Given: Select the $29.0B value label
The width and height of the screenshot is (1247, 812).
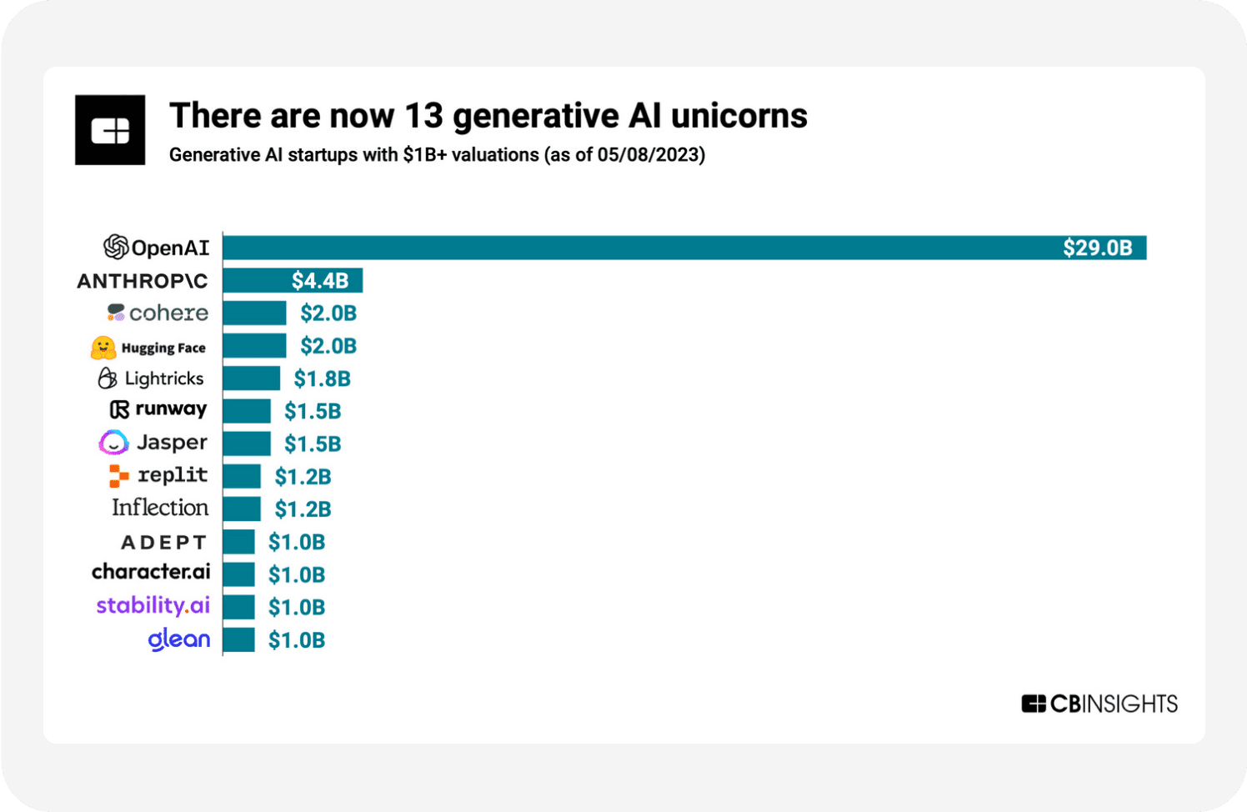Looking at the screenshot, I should pos(1097,248).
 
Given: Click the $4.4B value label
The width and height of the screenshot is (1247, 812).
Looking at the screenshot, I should pos(320,281).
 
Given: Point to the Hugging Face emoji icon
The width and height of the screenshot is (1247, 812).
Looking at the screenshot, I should pos(103,348).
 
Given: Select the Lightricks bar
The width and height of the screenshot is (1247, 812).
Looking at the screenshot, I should pos(251,378).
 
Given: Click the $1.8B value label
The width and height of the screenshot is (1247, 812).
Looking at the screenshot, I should pos(322,378).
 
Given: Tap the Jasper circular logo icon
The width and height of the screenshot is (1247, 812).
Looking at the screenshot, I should pos(113,443).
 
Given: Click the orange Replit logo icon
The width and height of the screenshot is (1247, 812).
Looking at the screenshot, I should pos(119,476).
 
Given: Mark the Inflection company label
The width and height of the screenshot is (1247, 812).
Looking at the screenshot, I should pos(160,508).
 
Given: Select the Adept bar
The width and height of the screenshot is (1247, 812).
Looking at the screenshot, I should pos(238,542).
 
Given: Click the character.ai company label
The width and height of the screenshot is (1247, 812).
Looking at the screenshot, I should pos(151,572).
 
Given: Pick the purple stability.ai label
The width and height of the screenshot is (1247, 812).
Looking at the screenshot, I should pos(153,605).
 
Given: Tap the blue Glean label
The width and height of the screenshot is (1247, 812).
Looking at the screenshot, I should pos(179,639).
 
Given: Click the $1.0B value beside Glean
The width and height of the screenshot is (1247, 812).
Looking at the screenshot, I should pos(296,640).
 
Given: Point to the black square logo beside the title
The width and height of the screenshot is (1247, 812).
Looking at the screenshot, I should pos(110,130).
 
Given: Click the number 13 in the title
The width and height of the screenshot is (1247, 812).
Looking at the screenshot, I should pos(423,116).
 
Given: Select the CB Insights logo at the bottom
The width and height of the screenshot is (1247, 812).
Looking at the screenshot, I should pos(1099,704).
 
